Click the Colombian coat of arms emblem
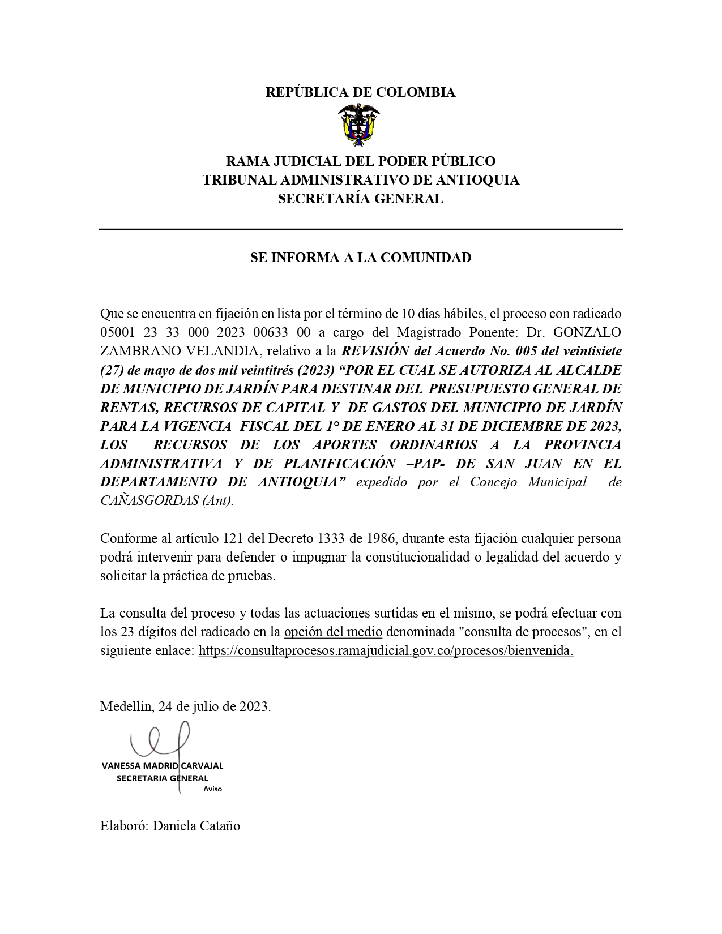(359, 126)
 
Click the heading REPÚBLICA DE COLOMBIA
(361, 92)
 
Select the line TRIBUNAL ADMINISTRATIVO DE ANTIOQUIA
(361, 180)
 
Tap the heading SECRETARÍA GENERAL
(361, 199)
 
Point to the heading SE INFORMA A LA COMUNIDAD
(361, 258)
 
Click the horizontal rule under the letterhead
(361, 229)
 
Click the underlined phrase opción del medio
(333, 632)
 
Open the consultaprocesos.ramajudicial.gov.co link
(386, 650)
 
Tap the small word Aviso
(212, 789)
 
